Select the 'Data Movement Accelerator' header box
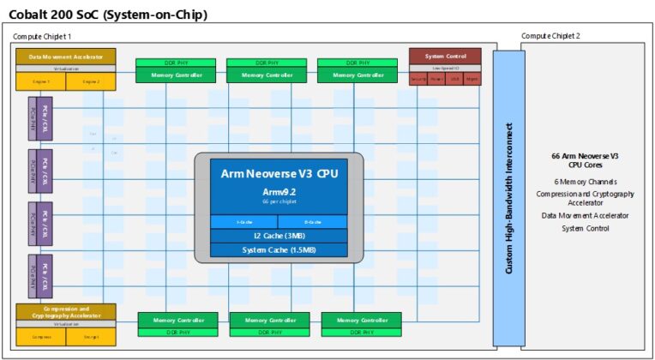(x=65, y=56)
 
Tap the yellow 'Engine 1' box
(x=41, y=81)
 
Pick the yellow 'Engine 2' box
(x=91, y=81)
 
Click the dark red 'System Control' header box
(x=444, y=55)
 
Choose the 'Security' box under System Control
(x=418, y=79)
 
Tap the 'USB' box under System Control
(x=455, y=79)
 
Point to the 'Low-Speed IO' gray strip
(x=444, y=67)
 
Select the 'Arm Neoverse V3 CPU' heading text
(x=279, y=173)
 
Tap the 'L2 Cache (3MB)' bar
(x=279, y=236)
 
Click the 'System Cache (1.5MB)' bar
(x=279, y=249)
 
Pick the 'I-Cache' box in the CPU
(x=244, y=221)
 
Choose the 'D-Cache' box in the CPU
(x=312, y=221)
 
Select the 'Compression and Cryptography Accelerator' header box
(x=66, y=312)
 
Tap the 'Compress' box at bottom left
(x=41, y=337)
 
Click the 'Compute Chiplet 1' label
(x=42, y=36)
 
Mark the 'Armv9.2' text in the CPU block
(x=279, y=191)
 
